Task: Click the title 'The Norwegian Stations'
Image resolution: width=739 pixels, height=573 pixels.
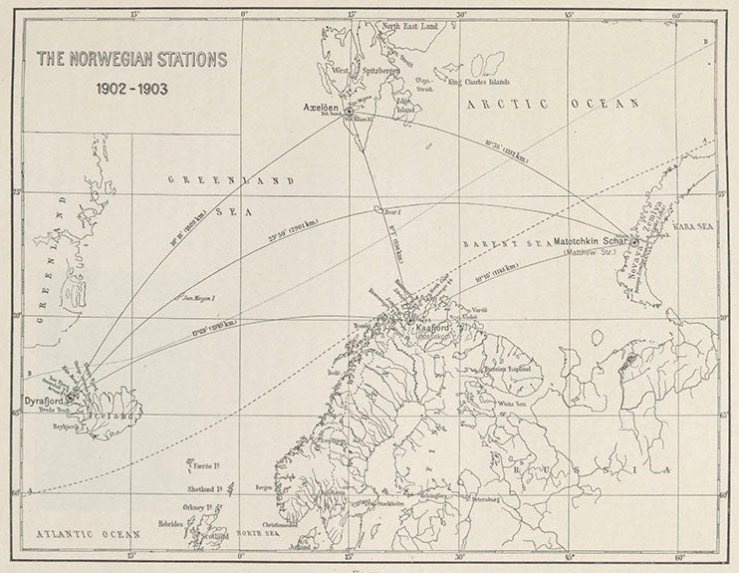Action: point(131,59)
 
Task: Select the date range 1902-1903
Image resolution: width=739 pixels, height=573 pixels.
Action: point(131,87)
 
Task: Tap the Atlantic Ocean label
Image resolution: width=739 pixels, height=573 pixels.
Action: point(85,534)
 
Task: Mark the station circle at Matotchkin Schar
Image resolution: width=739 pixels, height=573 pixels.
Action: point(635,237)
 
